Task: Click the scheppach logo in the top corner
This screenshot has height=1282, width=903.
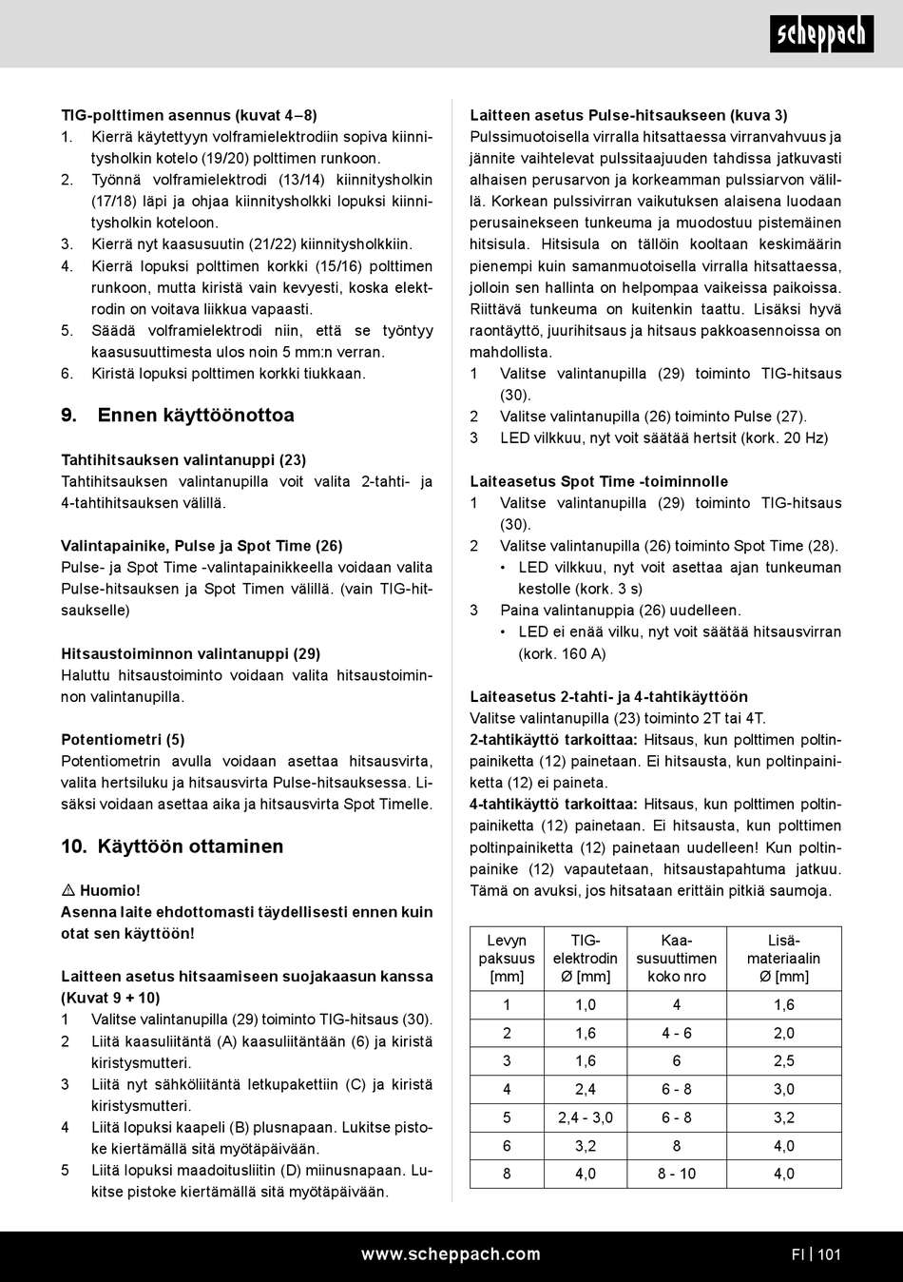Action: (821, 34)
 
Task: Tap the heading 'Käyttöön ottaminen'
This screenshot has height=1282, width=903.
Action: (189, 846)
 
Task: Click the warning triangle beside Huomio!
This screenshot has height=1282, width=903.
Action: (68, 891)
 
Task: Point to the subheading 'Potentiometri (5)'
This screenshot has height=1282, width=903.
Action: (123, 740)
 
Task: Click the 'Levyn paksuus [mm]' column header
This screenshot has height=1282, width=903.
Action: (507, 959)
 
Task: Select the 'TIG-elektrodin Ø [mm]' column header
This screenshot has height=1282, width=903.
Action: (586, 959)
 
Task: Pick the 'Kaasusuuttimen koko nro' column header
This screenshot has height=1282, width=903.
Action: (677, 959)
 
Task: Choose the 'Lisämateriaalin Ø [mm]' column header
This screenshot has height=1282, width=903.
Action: (783, 959)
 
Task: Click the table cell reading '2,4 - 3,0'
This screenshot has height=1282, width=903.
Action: (586, 1117)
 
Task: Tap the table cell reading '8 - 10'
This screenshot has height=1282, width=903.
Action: (677, 1174)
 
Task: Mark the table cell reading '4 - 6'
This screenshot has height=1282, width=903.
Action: (677, 1033)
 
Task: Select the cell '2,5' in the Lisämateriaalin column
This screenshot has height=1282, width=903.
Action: (783, 1061)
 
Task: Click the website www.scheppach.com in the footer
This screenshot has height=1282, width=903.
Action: (451, 1254)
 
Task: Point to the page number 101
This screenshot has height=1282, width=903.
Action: (829, 1254)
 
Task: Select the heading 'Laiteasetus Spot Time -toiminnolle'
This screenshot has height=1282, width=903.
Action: (599, 481)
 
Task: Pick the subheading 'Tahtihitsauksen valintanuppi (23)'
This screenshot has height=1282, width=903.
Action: (183, 460)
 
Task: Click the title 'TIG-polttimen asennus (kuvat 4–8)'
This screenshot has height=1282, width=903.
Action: (189, 115)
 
